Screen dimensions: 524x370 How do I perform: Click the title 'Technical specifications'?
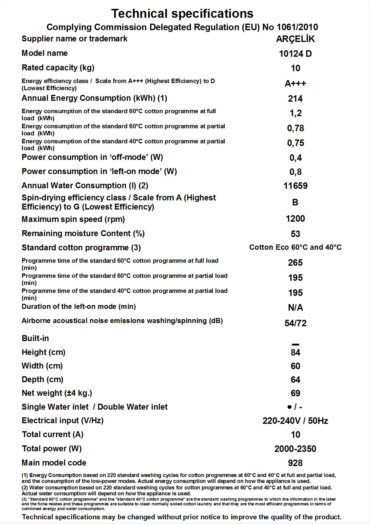(x=182, y=14)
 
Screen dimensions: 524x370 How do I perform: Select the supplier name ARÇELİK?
(x=295, y=39)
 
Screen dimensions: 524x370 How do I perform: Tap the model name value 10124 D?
(x=295, y=54)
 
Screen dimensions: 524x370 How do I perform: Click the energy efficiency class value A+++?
(x=295, y=84)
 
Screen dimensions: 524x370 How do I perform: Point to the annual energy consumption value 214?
(x=295, y=98)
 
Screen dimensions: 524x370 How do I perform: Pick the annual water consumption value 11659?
(x=295, y=186)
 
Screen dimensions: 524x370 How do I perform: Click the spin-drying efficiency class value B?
(x=295, y=202)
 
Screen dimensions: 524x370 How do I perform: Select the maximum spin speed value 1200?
(x=295, y=219)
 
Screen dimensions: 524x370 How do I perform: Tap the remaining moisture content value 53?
(x=295, y=234)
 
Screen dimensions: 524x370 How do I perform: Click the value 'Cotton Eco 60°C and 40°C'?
(x=295, y=247)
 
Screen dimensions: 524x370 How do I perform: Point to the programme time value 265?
(x=295, y=263)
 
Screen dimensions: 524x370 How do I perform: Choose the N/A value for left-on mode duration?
(x=295, y=308)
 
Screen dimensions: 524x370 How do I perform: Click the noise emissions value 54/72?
(x=295, y=323)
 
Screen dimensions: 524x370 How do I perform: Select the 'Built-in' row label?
(x=35, y=338)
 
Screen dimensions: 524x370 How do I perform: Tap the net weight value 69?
(x=295, y=393)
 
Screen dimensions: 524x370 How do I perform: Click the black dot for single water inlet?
(x=289, y=407)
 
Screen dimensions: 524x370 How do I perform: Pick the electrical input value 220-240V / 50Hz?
(x=295, y=421)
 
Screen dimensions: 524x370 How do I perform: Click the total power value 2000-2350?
(x=295, y=449)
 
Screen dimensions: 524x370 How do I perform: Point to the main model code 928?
(x=295, y=463)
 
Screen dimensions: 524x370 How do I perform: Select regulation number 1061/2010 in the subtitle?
(x=297, y=27)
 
